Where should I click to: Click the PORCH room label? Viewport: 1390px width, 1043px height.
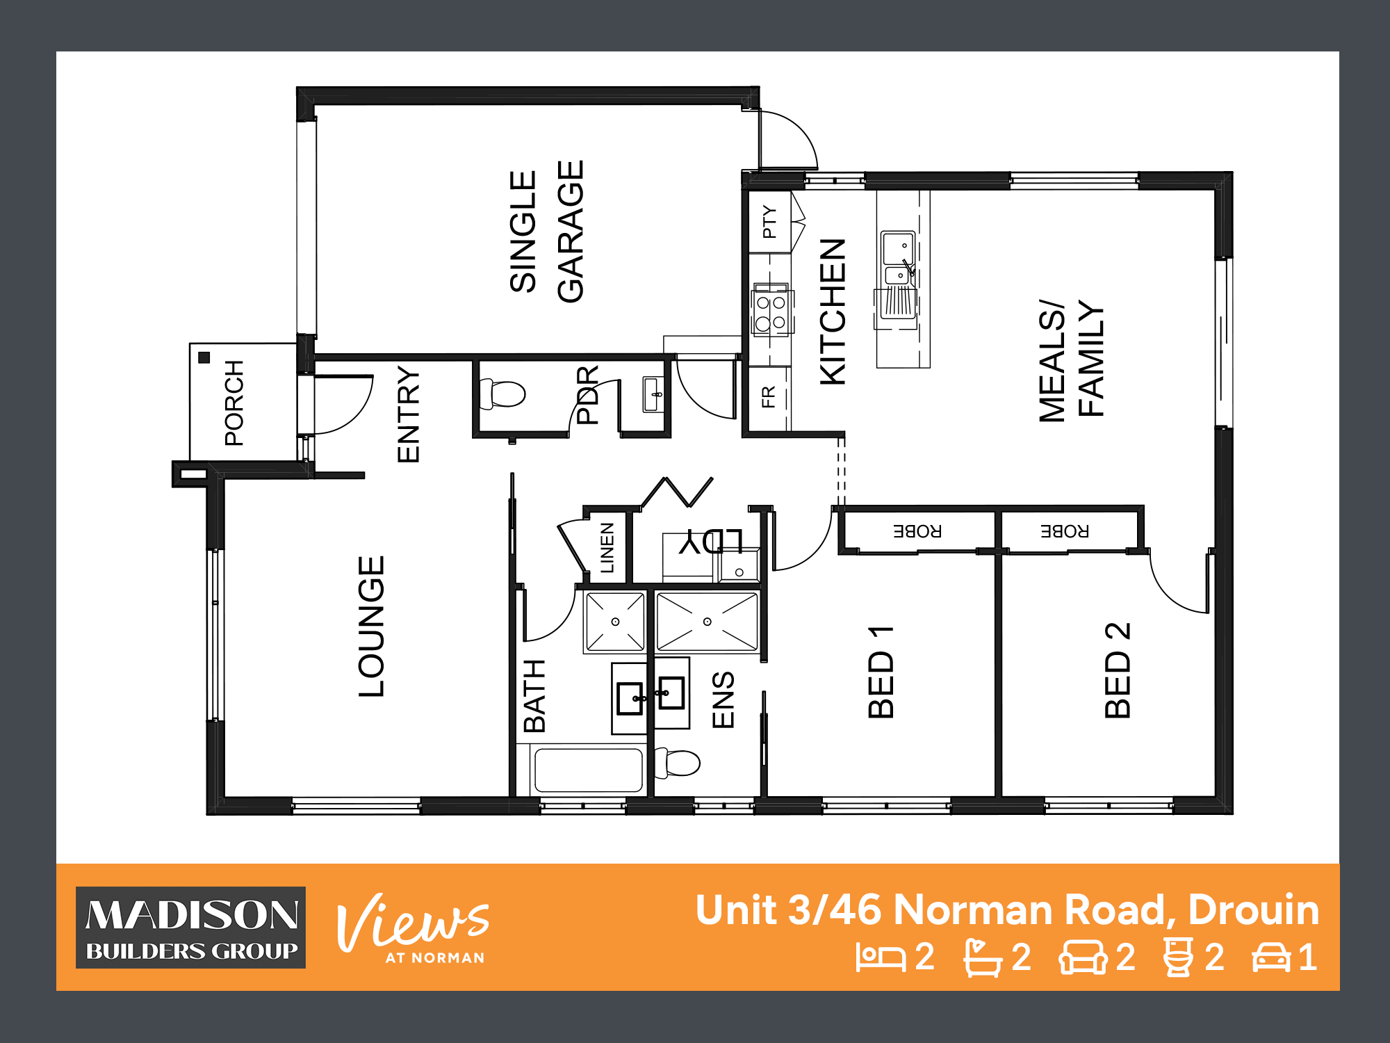(234, 403)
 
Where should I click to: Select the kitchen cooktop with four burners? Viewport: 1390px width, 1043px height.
(771, 310)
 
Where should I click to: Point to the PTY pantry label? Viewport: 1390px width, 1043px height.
(769, 222)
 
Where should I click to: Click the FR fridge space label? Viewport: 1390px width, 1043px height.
(768, 397)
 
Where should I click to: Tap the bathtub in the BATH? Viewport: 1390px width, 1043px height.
(588, 770)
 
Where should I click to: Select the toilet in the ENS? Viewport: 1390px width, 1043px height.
(677, 762)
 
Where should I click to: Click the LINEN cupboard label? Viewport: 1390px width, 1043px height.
(607, 548)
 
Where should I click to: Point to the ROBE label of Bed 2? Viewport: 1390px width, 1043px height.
(1065, 532)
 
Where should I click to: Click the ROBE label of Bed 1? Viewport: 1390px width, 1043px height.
(917, 532)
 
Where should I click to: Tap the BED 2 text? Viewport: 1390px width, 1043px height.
(1118, 670)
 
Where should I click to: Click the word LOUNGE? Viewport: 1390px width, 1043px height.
(371, 626)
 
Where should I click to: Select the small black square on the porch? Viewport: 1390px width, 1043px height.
(204, 357)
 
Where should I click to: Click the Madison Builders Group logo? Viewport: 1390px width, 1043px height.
(191, 928)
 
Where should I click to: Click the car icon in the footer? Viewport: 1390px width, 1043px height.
(1271, 957)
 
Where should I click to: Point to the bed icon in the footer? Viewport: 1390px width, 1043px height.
(881, 957)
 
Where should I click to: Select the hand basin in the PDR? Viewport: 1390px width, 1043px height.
(653, 394)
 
